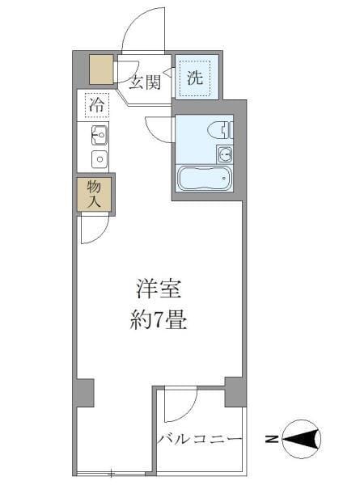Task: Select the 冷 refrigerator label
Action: [x=97, y=104]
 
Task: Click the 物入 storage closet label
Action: [x=94, y=194]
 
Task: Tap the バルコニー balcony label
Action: [x=200, y=440]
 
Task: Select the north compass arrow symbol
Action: [x=303, y=440]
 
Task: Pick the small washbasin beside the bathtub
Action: [x=224, y=154]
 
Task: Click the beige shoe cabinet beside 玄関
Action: [x=102, y=70]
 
